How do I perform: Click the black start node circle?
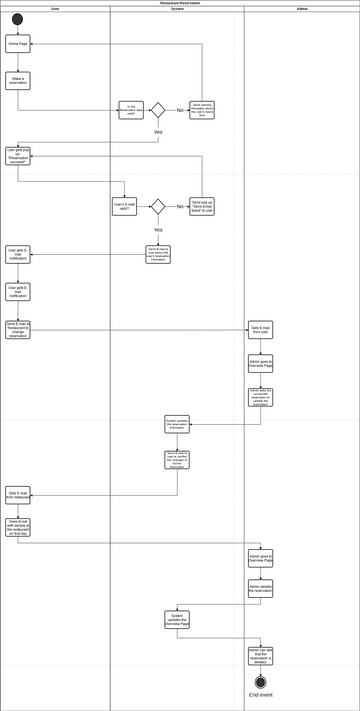pyautogui.click(x=18, y=19)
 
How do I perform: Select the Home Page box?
pyautogui.click(x=18, y=44)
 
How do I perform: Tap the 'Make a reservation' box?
pyautogui.click(x=18, y=80)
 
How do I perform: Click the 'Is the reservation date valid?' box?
pyautogui.click(x=131, y=110)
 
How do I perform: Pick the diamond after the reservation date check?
pyautogui.click(x=157, y=110)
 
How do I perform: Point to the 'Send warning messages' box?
pyautogui.click(x=202, y=110)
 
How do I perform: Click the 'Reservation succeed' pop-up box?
pyautogui.click(x=18, y=156)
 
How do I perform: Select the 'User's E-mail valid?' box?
pyautogui.click(x=124, y=207)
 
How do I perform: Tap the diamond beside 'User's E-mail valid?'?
pyautogui.click(x=157, y=207)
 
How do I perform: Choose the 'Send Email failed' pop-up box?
pyautogui.click(x=202, y=207)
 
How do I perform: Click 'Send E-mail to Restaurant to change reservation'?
pyautogui.click(x=18, y=330)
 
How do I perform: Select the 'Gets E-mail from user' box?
pyautogui.click(x=261, y=330)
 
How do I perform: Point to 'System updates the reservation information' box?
pyautogui.click(x=177, y=424)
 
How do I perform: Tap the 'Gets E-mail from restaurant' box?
pyautogui.click(x=18, y=494)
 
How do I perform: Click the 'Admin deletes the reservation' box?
pyautogui.click(x=261, y=589)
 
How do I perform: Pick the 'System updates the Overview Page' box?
pyautogui.click(x=177, y=619)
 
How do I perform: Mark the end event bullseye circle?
pyautogui.click(x=261, y=682)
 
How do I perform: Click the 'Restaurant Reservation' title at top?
pyautogui.click(x=180, y=3)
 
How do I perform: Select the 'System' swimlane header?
pyautogui.click(x=177, y=9)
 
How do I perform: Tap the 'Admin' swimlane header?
pyautogui.click(x=302, y=9)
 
